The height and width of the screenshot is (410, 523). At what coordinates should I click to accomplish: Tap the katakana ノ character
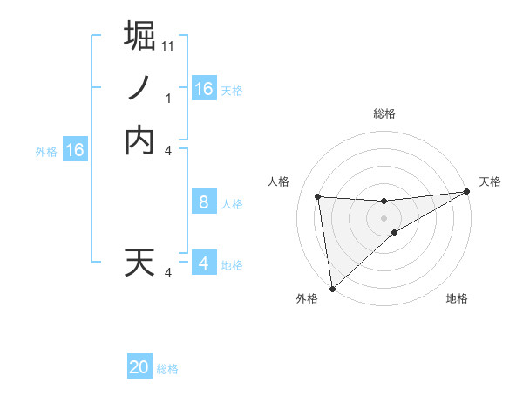140,87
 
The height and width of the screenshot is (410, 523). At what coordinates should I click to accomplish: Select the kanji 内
140,140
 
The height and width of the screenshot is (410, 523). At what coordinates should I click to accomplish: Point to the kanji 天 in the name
140,263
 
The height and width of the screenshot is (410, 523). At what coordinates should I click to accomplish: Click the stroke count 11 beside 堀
168,44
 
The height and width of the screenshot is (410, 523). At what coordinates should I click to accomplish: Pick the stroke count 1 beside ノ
168,99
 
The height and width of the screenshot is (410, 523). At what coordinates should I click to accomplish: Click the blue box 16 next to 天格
203,89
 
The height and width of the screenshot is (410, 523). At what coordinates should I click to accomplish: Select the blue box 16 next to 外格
75,150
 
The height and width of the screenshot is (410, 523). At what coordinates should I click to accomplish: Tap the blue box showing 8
203,203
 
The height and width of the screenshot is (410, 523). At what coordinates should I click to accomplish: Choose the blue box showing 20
139,368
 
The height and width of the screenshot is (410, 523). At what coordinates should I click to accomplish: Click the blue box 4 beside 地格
203,263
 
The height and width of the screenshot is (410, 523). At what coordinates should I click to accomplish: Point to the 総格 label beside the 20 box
167,369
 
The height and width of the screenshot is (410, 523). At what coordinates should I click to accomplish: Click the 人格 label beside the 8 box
231,204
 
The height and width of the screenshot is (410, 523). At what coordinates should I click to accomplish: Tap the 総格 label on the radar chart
384,113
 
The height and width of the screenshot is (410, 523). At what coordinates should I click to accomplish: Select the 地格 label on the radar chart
457,298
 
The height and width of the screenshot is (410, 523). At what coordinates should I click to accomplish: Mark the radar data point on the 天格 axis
466,192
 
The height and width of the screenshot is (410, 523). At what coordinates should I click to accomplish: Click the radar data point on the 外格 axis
332,288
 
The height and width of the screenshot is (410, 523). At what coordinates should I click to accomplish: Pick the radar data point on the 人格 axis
317,196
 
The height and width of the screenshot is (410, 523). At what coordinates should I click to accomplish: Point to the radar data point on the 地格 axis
395,232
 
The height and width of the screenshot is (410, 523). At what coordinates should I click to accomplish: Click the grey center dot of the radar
384,218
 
